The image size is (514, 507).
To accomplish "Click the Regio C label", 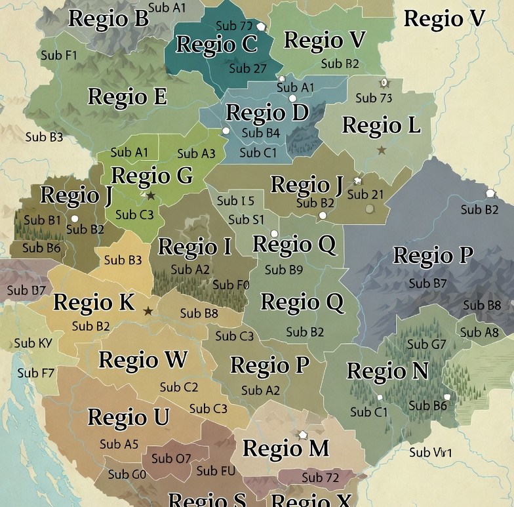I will click(216, 45).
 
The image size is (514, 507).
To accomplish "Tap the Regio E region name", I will click(127, 97).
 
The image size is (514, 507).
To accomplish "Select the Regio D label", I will click(267, 113).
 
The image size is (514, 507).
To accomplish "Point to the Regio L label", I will click(381, 125).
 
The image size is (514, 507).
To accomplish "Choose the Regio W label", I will click(142, 360).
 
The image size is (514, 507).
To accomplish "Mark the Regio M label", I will click(285, 449).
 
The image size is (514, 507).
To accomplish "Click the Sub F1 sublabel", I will click(59, 56).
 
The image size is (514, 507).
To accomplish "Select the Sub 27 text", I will click(248, 68).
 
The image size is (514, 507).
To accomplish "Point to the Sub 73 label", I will click(374, 98).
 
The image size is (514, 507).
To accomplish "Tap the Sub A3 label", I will click(196, 153).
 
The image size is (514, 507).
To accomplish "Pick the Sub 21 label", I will click(365, 195).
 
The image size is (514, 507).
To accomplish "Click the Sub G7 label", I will click(426, 344).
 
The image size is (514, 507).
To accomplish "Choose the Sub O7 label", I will click(171, 458).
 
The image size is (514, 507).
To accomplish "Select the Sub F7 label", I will click(36, 373).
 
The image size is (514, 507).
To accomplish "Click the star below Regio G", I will click(150, 195).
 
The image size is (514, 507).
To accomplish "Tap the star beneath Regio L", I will click(382, 150).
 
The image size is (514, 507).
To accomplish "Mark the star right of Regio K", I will click(148, 311).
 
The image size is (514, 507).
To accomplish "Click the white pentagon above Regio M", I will click(303, 435).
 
